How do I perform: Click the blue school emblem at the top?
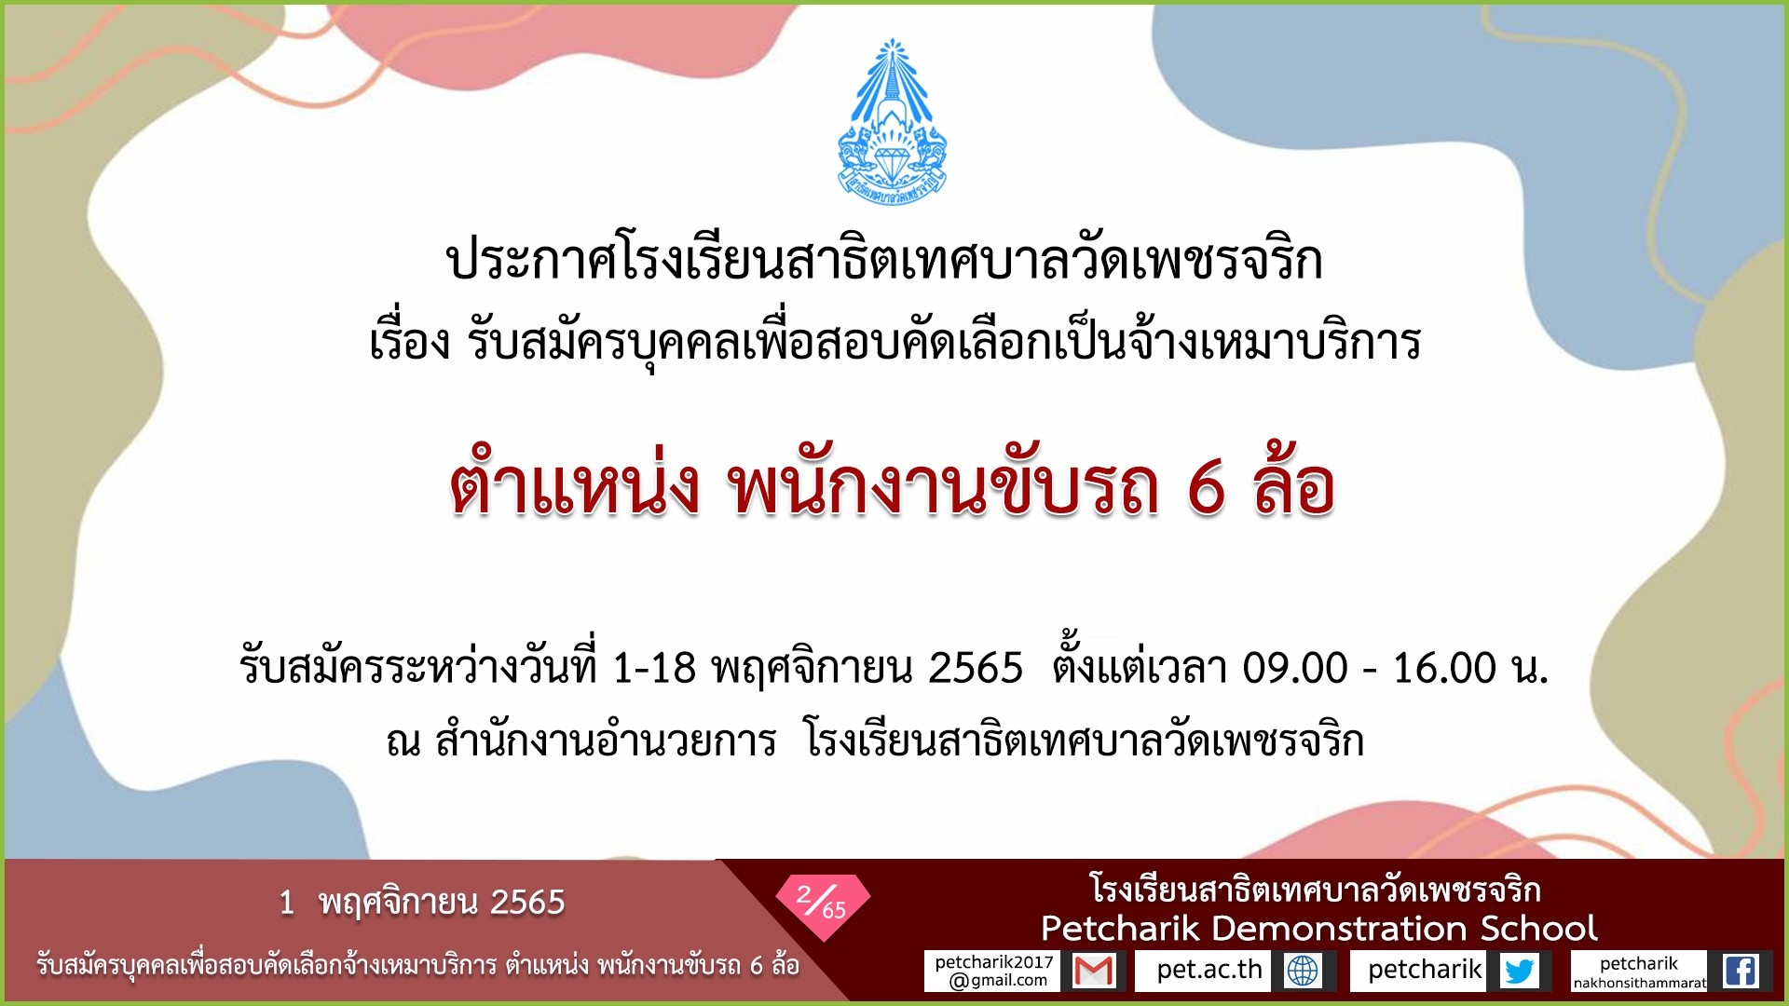[892, 122]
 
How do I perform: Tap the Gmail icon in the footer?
[1094, 971]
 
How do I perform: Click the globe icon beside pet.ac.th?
[1303, 971]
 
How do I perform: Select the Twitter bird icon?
[1519, 971]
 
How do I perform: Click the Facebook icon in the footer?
[1740, 971]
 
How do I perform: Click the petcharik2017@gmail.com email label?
[993, 971]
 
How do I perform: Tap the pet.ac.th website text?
[1209, 970]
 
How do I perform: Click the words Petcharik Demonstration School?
[1318, 928]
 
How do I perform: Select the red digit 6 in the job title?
[1206, 487]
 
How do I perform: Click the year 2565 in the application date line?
[976, 668]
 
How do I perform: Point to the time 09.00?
[1295, 668]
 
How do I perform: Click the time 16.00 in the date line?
[1444, 668]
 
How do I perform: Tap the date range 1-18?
[653, 668]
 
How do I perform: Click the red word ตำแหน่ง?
[574, 485]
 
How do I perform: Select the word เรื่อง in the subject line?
[410, 342]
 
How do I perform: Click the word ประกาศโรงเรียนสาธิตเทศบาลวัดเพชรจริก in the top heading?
[884, 261]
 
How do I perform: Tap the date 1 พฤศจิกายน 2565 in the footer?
[422, 902]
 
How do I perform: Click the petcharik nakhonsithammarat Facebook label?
[1639, 972]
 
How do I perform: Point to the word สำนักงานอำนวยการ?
[606, 741]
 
